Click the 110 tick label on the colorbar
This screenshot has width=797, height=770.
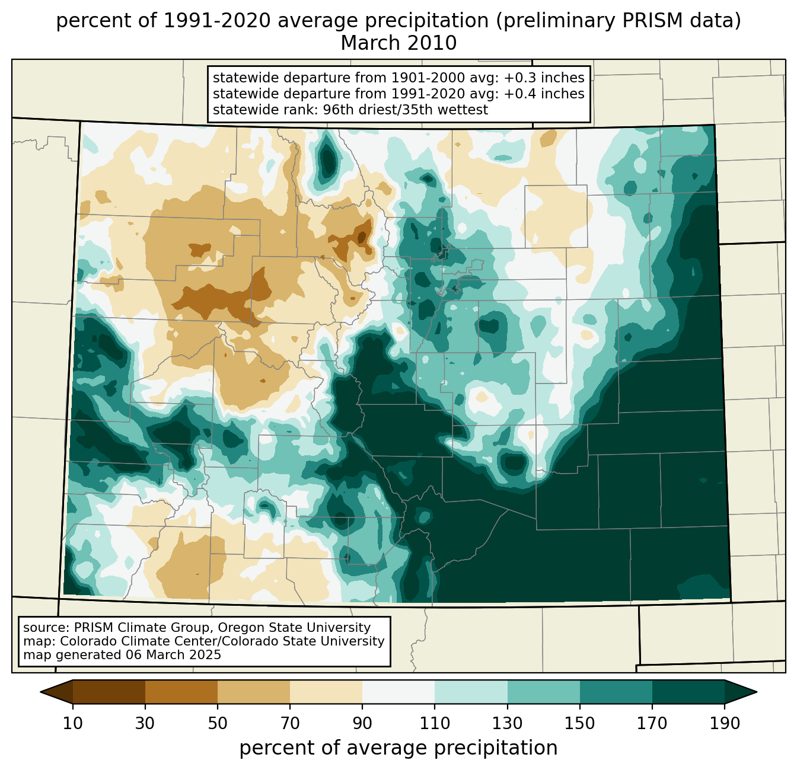point(435,723)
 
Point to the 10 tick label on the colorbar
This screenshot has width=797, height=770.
point(72,723)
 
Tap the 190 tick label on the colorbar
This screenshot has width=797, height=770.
point(725,723)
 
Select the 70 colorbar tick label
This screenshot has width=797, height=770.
point(290,723)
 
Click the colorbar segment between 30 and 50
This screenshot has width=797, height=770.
point(181,692)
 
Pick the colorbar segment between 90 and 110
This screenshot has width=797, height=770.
point(398,692)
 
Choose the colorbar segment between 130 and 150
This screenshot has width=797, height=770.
point(543,692)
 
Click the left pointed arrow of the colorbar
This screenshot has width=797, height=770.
point(56,692)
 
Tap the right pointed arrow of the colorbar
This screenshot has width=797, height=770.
point(741,692)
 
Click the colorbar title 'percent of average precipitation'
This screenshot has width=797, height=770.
point(398,748)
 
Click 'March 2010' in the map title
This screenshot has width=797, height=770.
point(398,43)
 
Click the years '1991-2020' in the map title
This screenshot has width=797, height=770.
point(216,21)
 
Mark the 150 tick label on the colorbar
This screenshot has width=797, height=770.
point(579,723)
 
